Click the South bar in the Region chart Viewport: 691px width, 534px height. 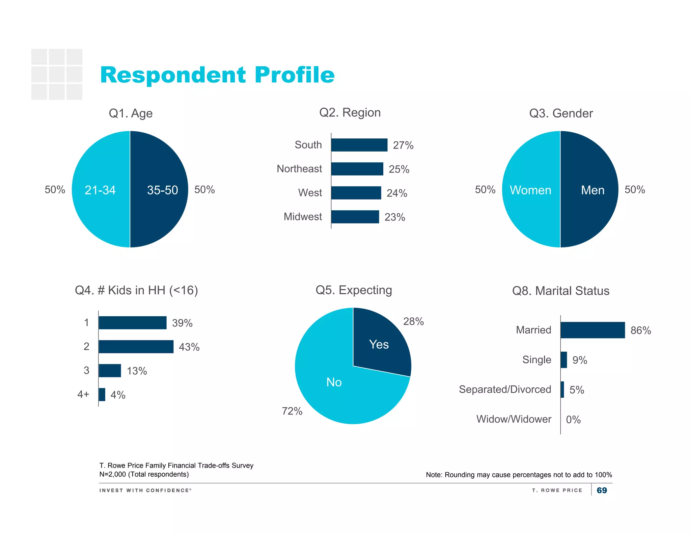359,145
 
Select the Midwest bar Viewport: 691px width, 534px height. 355,217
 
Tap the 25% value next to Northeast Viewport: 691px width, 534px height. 399,169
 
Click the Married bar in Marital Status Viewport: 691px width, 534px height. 592,330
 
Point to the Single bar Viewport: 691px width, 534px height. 563,360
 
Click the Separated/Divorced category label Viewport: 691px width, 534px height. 505,390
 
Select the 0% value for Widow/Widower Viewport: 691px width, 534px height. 573,420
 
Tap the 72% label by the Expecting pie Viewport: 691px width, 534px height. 292,411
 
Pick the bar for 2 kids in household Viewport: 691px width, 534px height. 136,347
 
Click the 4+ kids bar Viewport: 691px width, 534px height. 102,395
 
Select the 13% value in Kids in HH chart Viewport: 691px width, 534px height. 137,371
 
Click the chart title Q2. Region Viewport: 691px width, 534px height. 350,113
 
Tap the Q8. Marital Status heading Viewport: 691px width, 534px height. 560,291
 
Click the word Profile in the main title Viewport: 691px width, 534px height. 294,75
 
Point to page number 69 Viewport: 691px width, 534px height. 602,490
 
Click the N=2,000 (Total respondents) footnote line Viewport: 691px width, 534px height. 144,474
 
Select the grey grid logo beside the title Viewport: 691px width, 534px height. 57,74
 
